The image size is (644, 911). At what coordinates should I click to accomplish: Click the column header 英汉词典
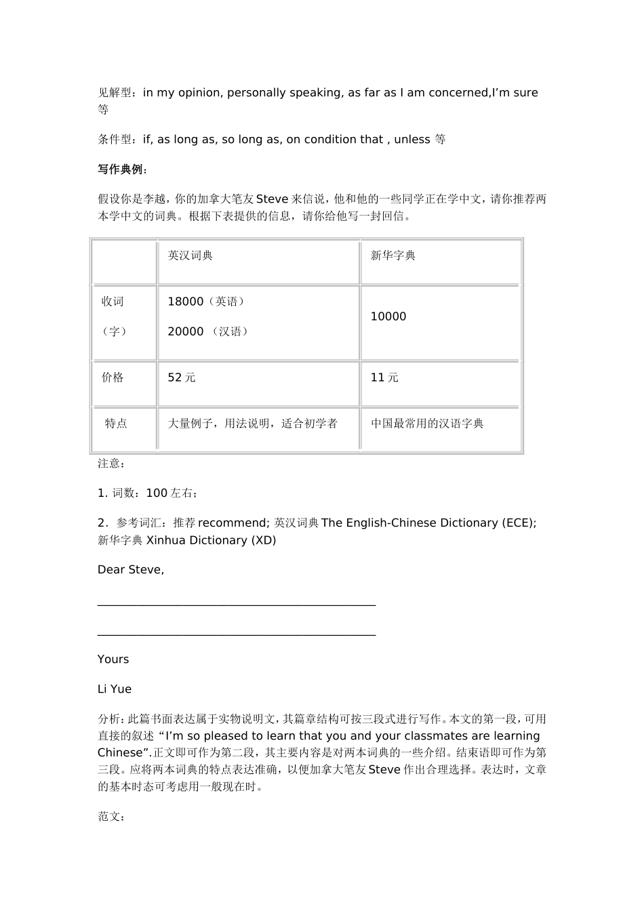190,256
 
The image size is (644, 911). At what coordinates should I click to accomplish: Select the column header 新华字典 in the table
393,256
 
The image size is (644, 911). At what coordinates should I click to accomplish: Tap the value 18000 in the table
185,302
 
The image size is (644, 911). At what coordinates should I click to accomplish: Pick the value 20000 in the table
185,331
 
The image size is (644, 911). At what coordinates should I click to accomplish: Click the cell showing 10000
388,317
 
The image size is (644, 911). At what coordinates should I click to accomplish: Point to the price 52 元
182,378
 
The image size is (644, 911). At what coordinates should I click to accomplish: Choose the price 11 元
384,378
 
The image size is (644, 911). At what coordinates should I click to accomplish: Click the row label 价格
113,378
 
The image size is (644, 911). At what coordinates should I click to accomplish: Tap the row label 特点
116,424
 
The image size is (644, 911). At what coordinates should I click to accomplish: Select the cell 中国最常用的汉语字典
427,424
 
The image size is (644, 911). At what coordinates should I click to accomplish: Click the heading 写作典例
122,169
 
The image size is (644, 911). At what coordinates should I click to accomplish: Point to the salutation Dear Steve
131,570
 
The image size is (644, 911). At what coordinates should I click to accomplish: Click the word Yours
113,660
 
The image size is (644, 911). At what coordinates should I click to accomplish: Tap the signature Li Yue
115,689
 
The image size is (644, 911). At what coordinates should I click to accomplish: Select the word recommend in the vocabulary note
233,523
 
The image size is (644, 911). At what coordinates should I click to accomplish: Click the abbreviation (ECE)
519,523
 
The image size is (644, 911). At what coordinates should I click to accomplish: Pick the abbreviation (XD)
264,540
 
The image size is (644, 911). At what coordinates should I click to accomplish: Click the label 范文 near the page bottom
111,817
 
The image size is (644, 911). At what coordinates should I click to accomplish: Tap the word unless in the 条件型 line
412,140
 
